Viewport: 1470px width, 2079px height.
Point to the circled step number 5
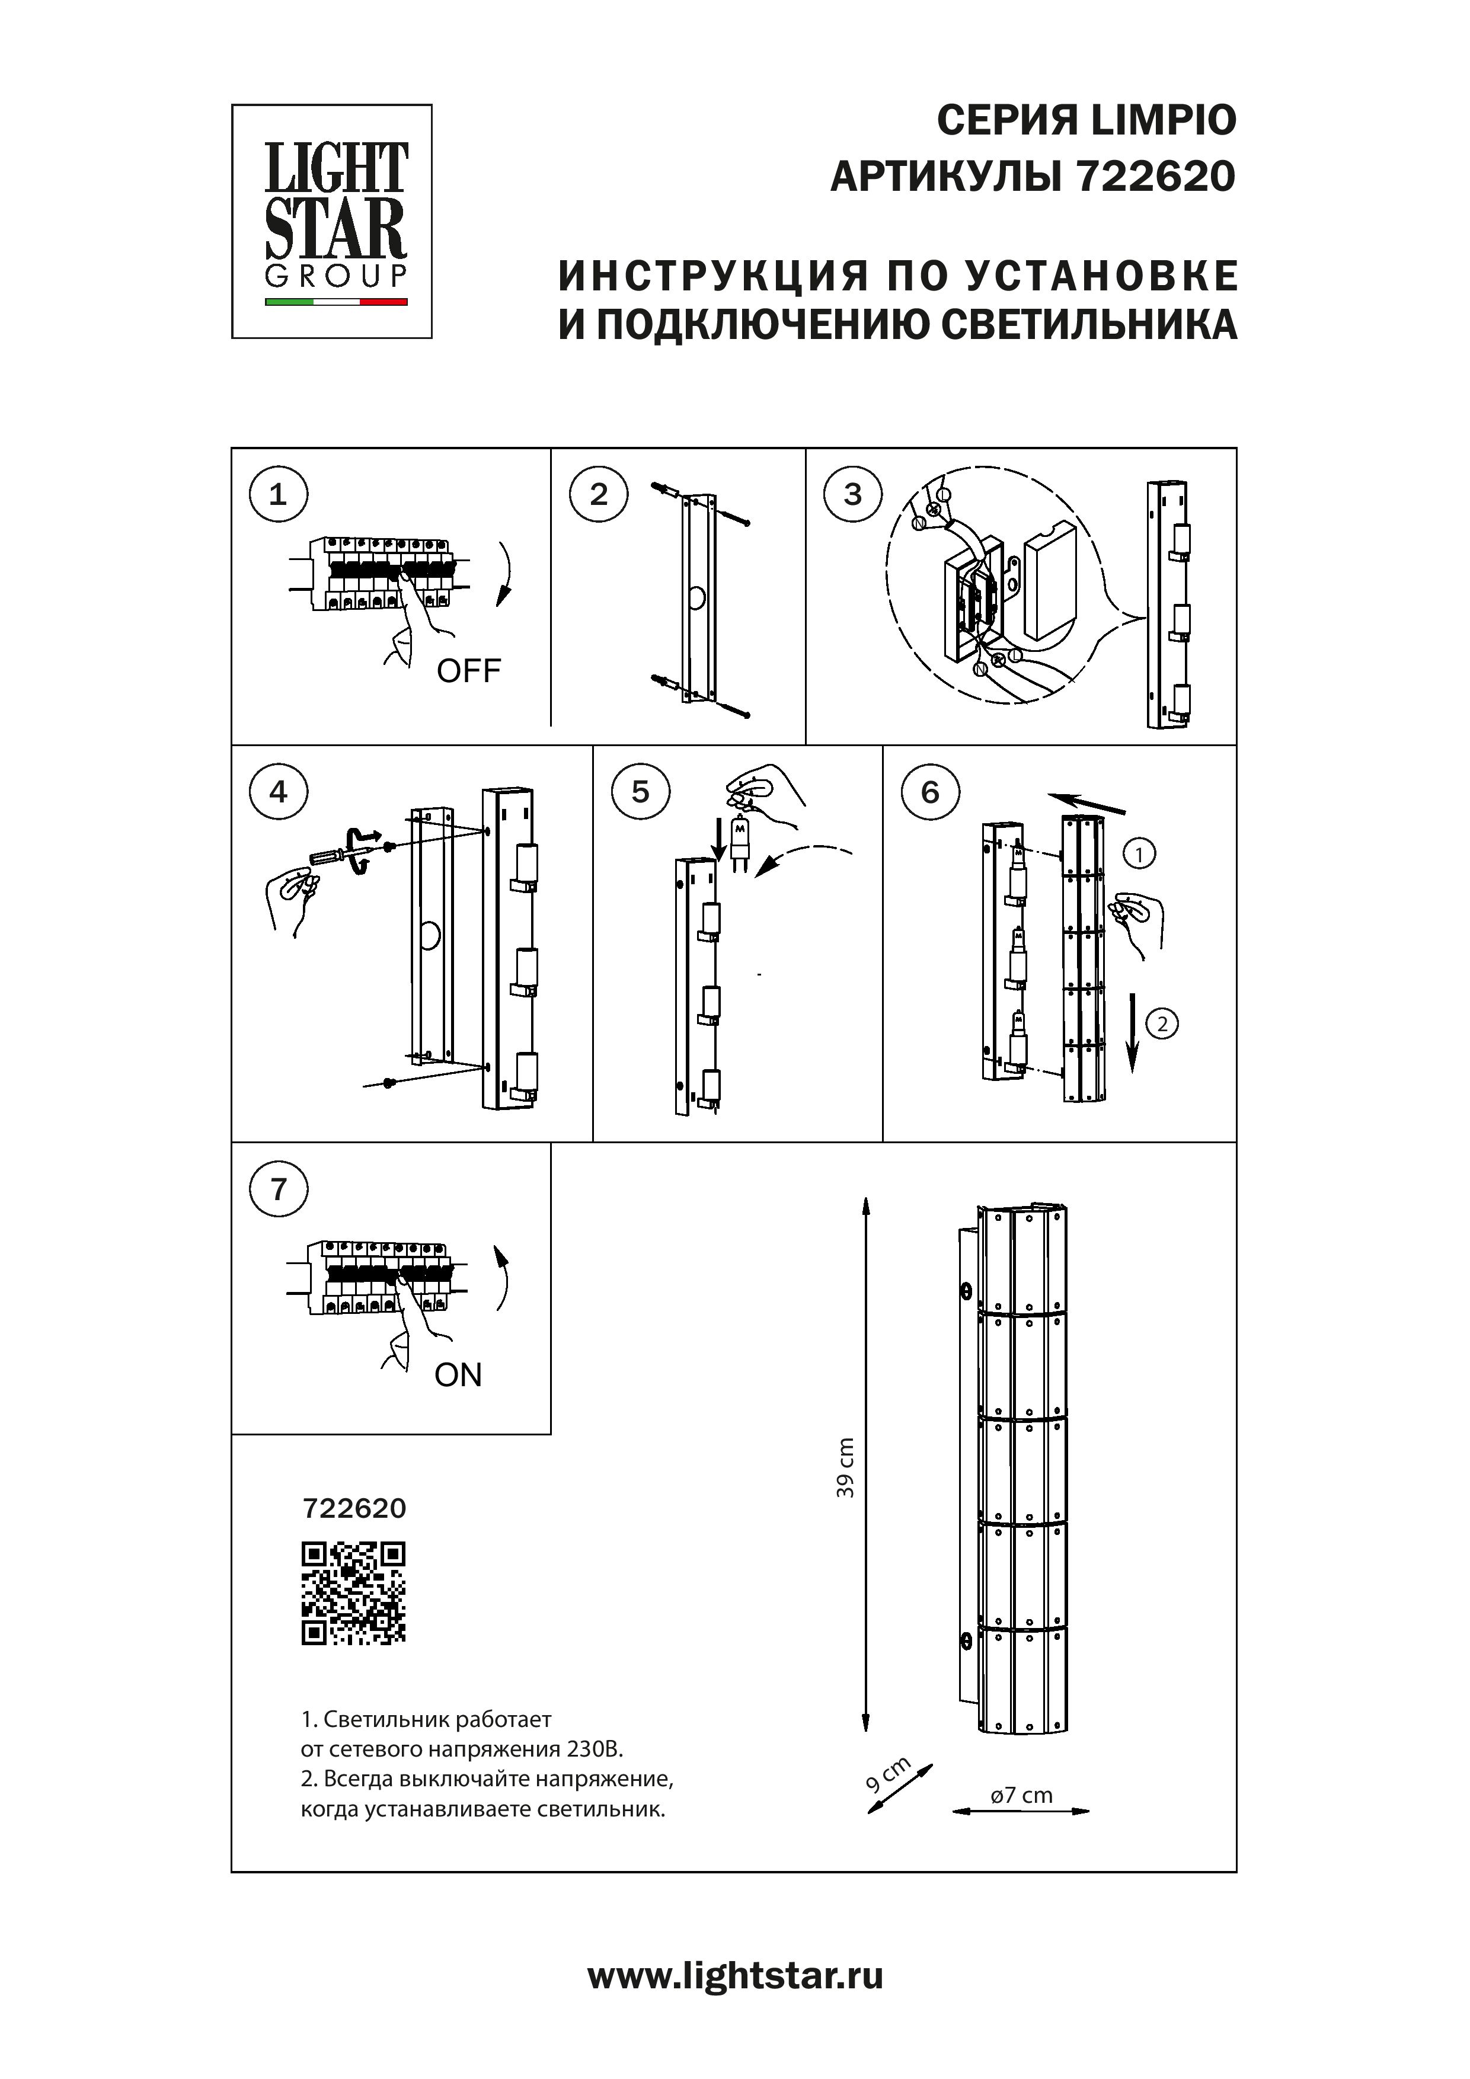[640, 792]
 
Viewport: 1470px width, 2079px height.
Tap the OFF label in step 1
[468, 671]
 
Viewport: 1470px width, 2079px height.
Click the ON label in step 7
[458, 1376]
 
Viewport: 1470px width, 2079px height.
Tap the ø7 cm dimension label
[1022, 1795]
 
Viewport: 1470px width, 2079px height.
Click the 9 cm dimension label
[887, 1777]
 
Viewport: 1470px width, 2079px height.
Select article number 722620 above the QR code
[353, 1508]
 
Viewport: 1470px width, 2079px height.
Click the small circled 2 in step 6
[1162, 1024]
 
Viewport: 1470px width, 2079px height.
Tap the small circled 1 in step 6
[1139, 853]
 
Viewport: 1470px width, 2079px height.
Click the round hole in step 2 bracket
[698, 597]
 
